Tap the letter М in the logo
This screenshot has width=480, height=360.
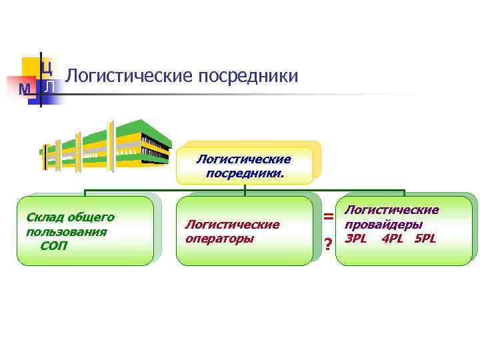click(x=25, y=89)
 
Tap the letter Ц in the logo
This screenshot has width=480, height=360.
click(x=47, y=67)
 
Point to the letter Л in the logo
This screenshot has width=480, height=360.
click(x=49, y=87)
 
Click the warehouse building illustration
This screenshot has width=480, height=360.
click(x=107, y=144)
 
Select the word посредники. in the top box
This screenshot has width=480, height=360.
click(x=245, y=173)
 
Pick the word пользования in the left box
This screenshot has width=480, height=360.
click(x=66, y=231)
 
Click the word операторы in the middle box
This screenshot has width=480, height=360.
click(x=220, y=238)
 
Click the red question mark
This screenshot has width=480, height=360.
click(x=328, y=245)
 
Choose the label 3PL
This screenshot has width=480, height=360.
click(x=356, y=239)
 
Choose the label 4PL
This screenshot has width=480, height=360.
click(x=392, y=239)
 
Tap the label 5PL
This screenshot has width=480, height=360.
click(x=425, y=239)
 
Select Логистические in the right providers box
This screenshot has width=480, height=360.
click(x=391, y=211)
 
